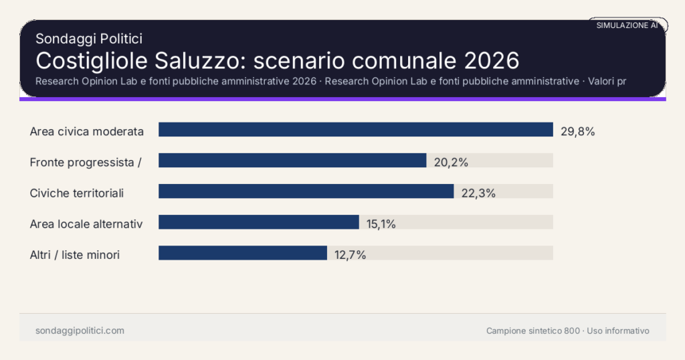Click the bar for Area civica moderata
click(355, 130)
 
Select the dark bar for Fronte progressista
click(292, 161)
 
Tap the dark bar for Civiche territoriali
click(306, 191)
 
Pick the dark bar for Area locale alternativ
click(259, 222)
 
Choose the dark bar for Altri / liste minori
click(243, 253)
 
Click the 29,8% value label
click(577, 131)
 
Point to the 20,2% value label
click(450, 162)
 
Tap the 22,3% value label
click(478, 193)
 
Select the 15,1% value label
click(381, 223)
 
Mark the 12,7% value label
click(349, 254)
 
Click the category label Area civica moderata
click(87, 131)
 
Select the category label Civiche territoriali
click(77, 193)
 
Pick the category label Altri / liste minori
click(75, 254)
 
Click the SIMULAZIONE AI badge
click(627, 25)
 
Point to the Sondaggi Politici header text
click(88, 39)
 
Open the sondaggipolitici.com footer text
click(80, 331)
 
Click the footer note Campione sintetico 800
click(533, 331)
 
